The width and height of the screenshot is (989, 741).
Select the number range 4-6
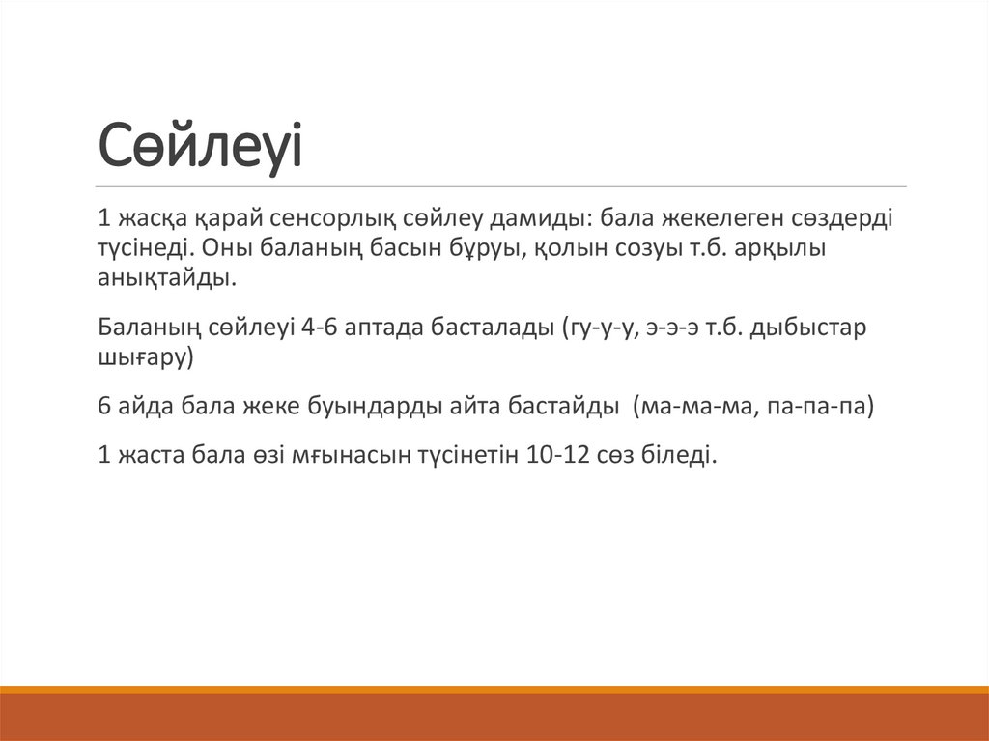coord(320,327)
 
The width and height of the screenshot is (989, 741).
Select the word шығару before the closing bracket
coord(143,357)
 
